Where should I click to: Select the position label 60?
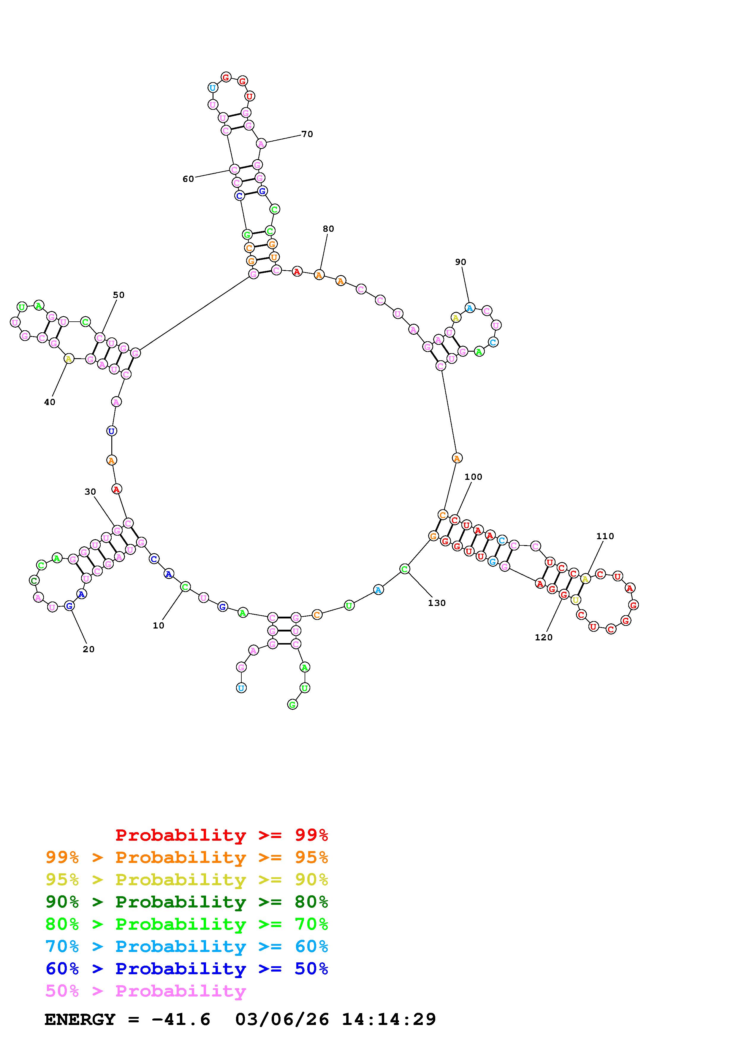pyautogui.click(x=188, y=179)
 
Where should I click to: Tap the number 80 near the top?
pyautogui.click(x=328, y=229)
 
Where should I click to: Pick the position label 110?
pyautogui.click(x=605, y=536)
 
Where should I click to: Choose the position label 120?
pyautogui.click(x=543, y=637)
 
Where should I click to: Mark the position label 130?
pyautogui.click(x=437, y=603)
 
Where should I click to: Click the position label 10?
pyautogui.click(x=158, y=626)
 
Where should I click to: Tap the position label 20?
pyautogui.click(x=89, y=649)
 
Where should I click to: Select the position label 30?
pyautogui.click(x=90, y=492)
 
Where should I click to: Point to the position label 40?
pyautogui.click(x=49, y=402)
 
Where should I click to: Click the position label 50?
pyautogui.click(x=118, y=295)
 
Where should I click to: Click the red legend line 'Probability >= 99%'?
pyautogui.click(x=221, y=835)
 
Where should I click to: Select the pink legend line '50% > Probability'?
pyautogui.click(x=145, y=991)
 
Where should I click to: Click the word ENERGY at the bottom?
pyautogui.click(x=80, y=1020)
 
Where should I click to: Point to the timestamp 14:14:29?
pyautogui.click(x=389, y=1020)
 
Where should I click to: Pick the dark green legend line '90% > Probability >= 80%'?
pyautogui.click(x=187, y=902)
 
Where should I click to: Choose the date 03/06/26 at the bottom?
pyautogui.click(x=282, y=1020)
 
